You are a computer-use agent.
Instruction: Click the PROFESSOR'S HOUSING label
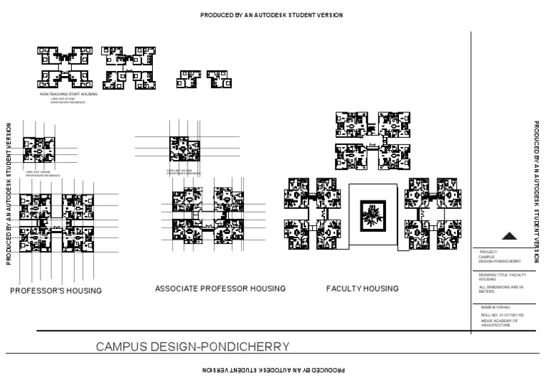point(55,291)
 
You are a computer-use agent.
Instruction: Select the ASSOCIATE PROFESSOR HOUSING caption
point(220,289)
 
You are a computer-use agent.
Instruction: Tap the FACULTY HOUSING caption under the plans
point(362,289)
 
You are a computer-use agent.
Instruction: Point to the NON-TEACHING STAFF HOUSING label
point(69,93)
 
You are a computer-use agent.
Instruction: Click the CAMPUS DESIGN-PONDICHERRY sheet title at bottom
point(192,347)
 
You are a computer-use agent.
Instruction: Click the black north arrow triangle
point(508,237)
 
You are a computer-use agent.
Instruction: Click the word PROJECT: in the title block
point(489,252)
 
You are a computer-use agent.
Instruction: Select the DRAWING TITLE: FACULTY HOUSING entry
point(501,277)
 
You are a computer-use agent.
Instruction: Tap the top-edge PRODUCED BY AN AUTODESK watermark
point(272,15)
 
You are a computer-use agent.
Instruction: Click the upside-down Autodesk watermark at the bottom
point(273,370)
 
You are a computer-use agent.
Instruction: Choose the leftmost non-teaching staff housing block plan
point(62,68)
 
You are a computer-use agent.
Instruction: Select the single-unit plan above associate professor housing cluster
point(184,151)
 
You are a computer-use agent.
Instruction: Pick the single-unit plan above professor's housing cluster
point(39,151)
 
